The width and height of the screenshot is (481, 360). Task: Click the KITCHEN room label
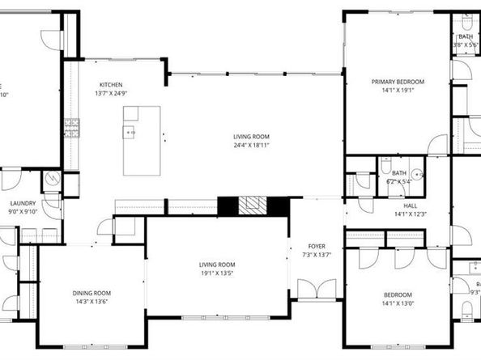[111, 85]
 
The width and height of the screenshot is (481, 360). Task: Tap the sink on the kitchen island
[129, 131]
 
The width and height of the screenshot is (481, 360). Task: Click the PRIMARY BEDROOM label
[397, 82]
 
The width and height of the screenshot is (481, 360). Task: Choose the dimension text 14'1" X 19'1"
[397, 91]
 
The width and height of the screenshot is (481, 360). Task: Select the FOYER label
[316, 246]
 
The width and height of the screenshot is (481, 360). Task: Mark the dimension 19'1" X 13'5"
[216, 273]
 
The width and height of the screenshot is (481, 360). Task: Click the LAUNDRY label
[22, 204]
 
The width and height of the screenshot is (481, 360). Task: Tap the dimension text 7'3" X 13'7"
[316, 255]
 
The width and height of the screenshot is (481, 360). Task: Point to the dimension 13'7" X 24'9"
[111, 94]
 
